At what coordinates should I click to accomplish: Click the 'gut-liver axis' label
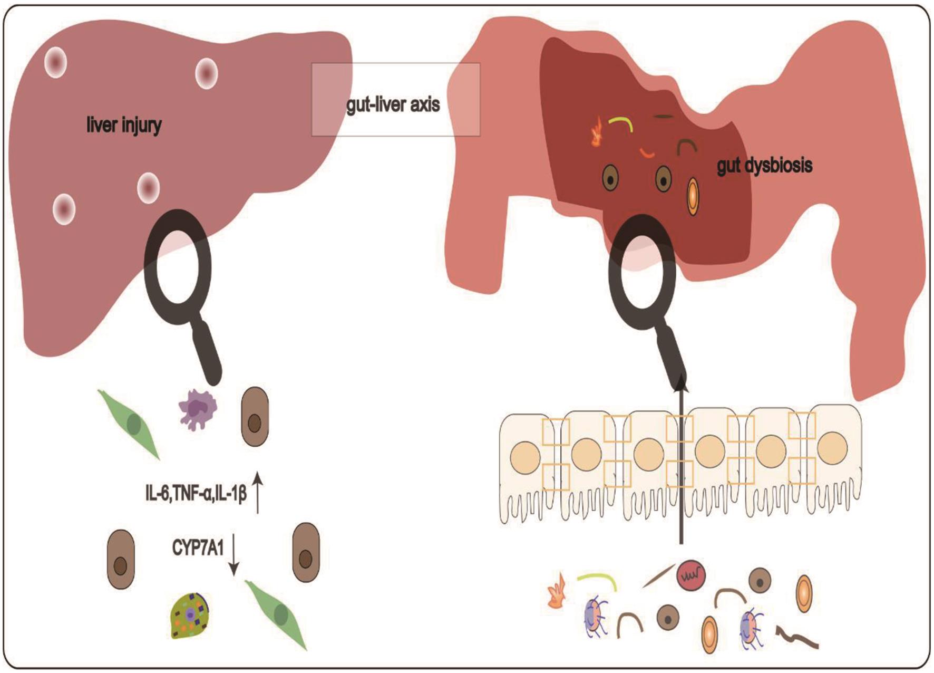tap(393, 104)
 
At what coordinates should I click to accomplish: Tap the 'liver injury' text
tap(124, 126)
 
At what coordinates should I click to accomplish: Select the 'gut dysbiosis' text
tap(764, 166)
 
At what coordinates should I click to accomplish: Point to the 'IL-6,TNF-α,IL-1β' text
tap(196, 495)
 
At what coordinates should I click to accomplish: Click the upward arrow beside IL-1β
tap(257, 492)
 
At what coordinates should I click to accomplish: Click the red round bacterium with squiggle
tap(691, 575)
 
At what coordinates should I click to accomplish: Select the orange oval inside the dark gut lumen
tap(693, 196)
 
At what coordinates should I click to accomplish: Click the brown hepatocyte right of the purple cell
tap(255, 417)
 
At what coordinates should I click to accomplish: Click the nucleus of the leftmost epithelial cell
tap(525, 456)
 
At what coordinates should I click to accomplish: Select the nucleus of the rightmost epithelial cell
tap(833, 447)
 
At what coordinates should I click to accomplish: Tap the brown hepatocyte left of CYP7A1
tap(121, 559)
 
